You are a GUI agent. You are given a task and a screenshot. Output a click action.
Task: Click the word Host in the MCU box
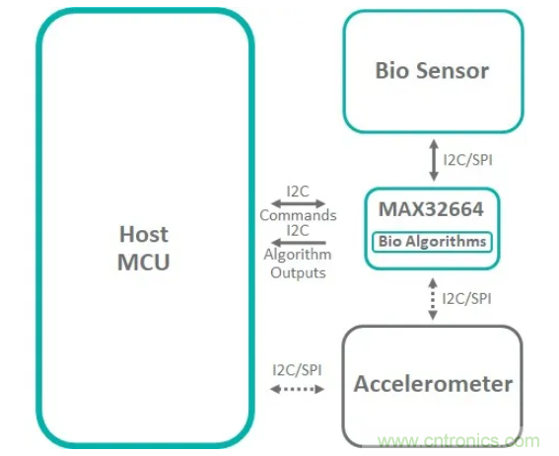point(144,234)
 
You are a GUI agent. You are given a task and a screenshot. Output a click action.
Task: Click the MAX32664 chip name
point(431,208)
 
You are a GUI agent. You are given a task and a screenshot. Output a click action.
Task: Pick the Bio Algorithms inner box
point(432,241)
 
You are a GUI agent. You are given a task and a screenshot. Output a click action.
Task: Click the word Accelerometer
point(433,383)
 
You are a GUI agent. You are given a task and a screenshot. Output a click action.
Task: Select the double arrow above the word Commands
point(298,204)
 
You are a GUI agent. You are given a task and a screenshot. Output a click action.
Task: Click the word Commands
point(298,215)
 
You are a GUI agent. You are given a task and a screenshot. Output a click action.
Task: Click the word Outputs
point(298,272)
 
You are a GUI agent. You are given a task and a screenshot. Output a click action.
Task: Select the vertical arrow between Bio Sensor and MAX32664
point(432,158)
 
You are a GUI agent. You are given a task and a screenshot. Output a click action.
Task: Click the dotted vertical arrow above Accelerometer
point(432,297)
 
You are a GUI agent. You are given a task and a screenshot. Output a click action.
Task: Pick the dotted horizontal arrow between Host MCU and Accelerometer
point(298,389)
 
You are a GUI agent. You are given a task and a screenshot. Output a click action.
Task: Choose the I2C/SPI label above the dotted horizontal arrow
point(298,369)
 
